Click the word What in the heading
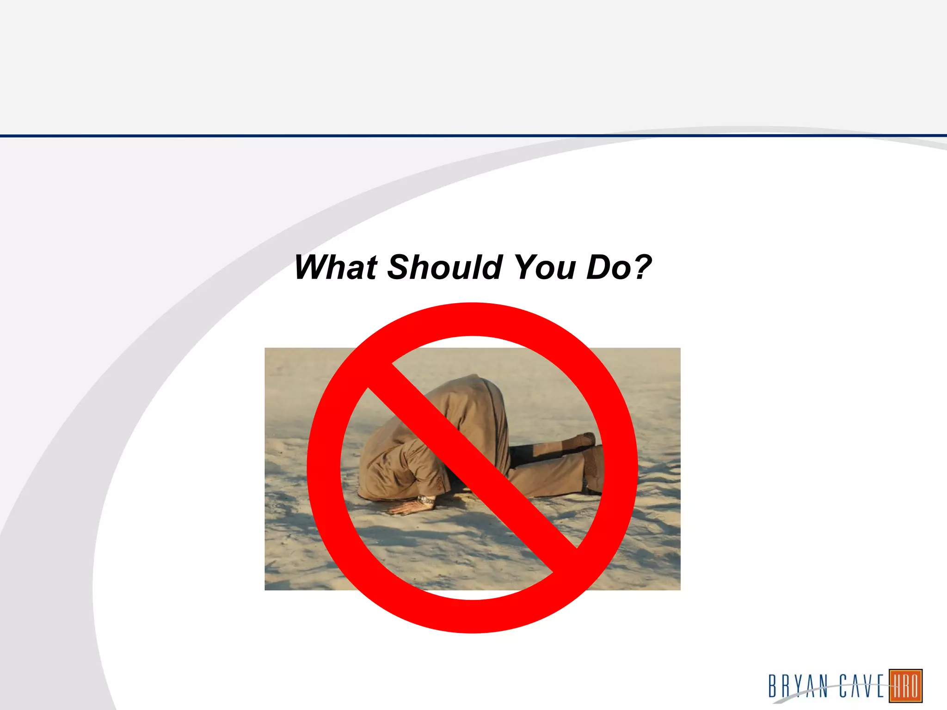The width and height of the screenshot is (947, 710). [x=336, y=268]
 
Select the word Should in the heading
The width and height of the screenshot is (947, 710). [x=445, y=268]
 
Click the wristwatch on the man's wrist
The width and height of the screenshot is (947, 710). [x=426, y=500]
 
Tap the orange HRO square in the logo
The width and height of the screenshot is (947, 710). [x=905, y=686]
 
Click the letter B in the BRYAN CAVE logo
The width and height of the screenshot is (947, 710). [x=773, y=686]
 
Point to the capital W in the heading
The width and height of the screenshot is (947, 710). [x=314, y=268]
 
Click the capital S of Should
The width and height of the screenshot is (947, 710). [x=400, y=268]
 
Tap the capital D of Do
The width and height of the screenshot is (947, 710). [x=599, y=268]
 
